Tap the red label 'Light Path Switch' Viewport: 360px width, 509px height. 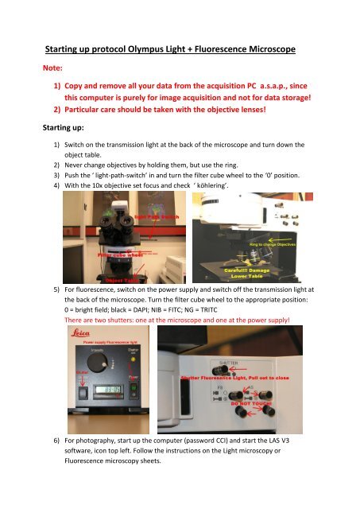(163, 216)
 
